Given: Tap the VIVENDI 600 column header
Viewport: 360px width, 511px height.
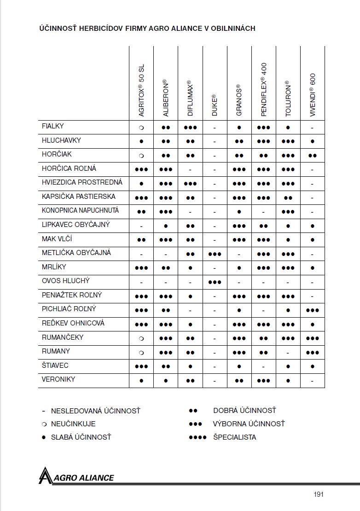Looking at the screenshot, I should coord(313,95).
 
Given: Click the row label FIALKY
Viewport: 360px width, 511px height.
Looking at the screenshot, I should coord(53,126).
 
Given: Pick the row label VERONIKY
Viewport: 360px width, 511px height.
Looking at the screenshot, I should coord(58,379).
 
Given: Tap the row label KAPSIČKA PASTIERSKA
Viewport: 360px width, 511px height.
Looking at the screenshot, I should coord(78,197).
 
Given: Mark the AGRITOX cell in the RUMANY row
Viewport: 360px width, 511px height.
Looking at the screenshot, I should coord(141,353).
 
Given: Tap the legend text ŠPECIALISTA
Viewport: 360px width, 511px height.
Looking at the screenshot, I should coord(234,437).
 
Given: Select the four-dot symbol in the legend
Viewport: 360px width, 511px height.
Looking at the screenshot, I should coord(197,437).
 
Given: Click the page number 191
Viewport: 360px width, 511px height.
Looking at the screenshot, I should coord(319,494).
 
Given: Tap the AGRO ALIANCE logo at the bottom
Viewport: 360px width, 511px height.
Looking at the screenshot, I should coord(76,476).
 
